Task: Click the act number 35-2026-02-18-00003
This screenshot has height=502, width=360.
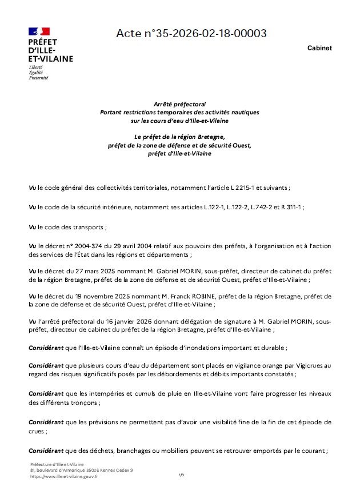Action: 191,34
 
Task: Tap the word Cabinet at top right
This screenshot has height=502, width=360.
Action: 319,48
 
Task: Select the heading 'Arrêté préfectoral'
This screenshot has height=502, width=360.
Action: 179,104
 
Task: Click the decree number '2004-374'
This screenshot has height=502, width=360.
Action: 85,246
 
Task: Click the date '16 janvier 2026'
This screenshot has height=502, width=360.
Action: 118,321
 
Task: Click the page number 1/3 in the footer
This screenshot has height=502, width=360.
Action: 181,475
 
